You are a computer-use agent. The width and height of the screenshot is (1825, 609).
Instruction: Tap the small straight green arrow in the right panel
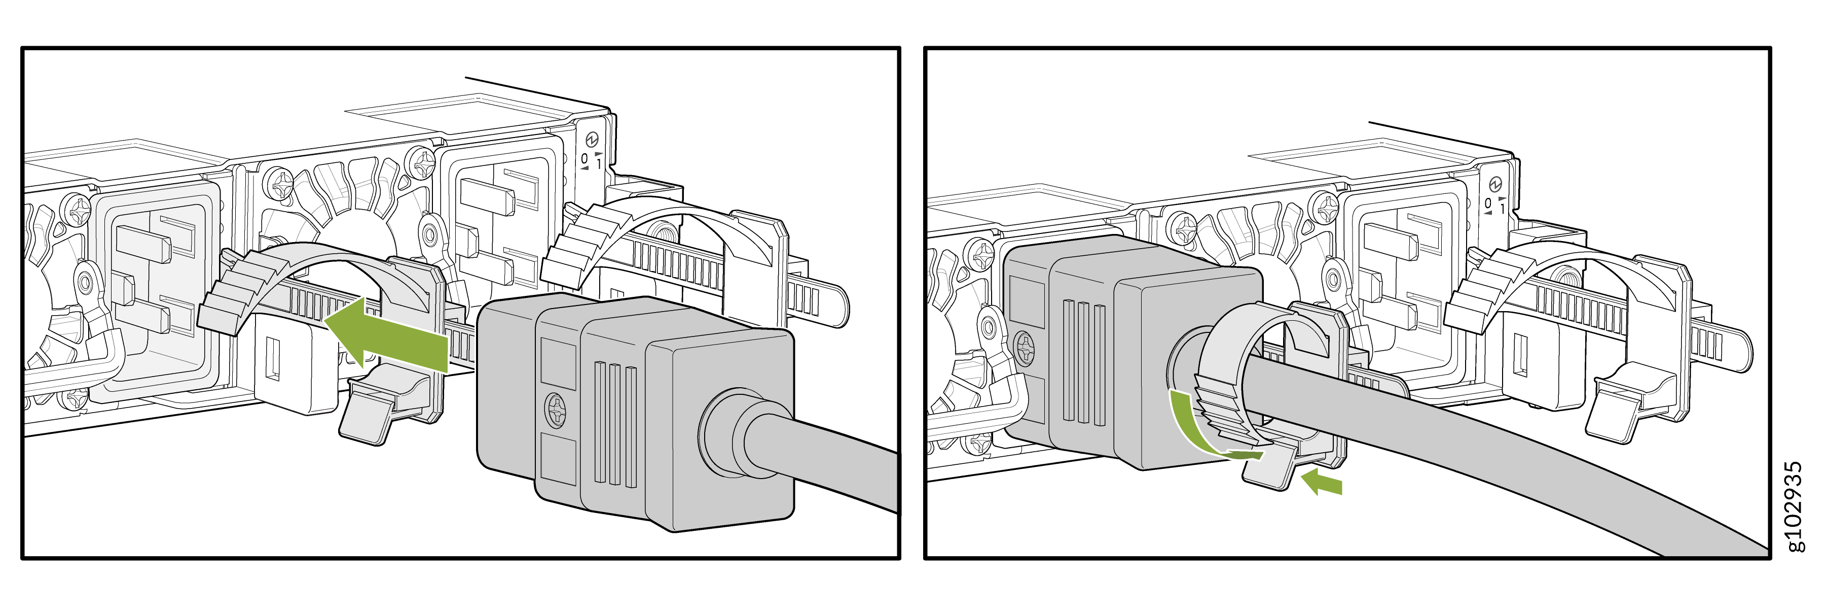1322,482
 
